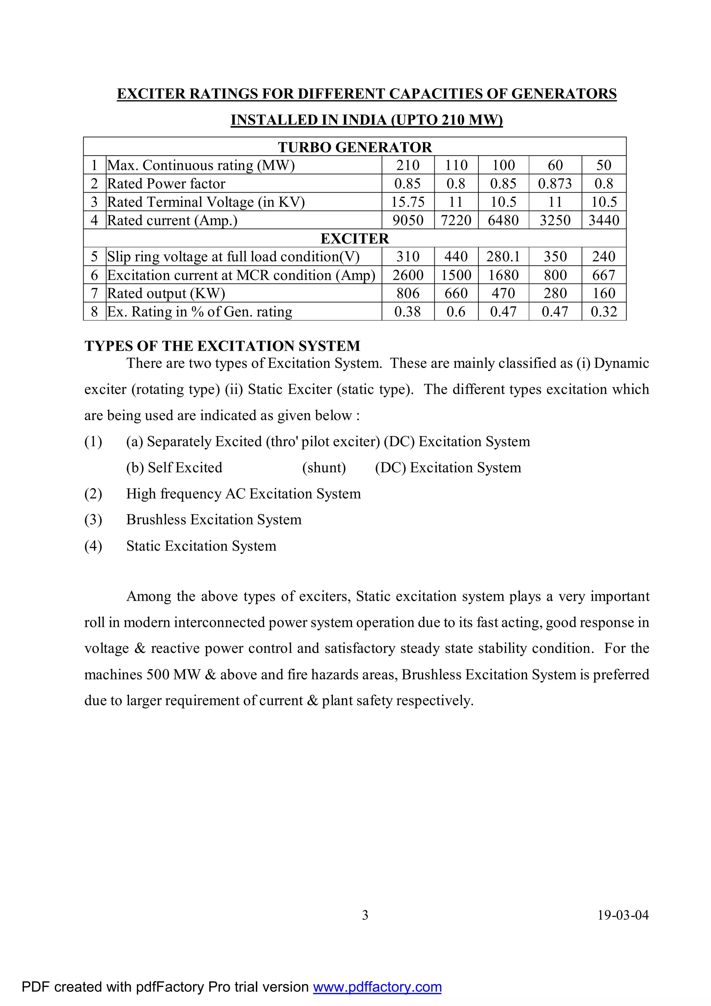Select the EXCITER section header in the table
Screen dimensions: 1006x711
(354, 238)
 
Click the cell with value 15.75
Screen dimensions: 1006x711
(408, 202)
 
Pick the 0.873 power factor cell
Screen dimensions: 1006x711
(555, 183)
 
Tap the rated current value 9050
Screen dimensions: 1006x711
(408, 220)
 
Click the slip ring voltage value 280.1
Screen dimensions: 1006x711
(503, 257)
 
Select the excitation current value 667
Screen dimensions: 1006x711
(603, 275)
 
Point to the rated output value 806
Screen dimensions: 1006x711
(408, 293)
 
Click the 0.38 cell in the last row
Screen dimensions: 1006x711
(408, 311)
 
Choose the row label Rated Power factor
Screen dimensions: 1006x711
(166, 183)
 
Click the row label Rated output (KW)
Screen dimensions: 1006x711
(166, 293)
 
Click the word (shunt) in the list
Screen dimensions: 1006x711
(324, 467)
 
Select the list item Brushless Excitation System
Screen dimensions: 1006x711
(214, 520)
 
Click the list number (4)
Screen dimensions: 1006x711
(93, 546)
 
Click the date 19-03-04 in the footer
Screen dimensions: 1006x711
(623, 915)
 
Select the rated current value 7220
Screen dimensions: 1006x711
(456, 220)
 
